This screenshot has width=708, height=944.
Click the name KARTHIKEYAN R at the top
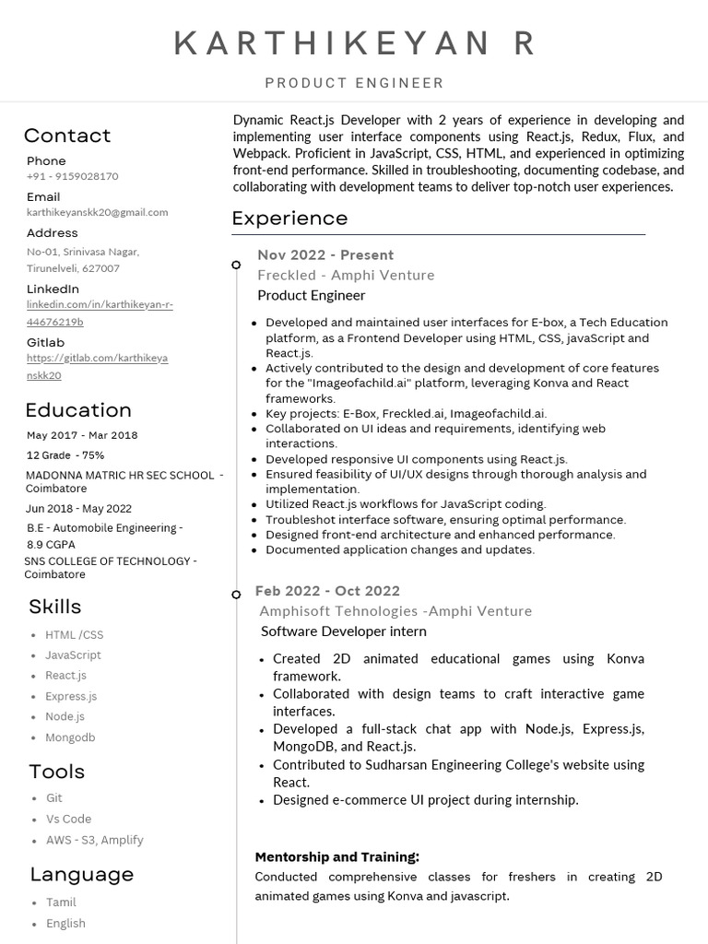coord(354,43)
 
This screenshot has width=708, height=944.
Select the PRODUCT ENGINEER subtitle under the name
coord(354,83)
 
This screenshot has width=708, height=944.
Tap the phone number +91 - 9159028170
coord(72,176)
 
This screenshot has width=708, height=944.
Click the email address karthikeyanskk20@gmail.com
coord(97,212)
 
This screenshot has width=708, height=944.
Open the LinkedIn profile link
coord(100,313)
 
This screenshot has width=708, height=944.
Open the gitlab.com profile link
coord(97,366)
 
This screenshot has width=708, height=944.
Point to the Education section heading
coord(78,410)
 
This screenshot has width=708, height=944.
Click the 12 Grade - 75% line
coord(65,455)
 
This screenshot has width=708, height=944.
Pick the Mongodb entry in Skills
coord(70,737)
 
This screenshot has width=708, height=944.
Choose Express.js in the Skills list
coord(71,696)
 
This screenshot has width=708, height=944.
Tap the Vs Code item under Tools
coord(68,819)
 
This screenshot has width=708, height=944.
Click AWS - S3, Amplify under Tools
coord(94,840)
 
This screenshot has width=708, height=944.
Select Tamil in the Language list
coord(61,903)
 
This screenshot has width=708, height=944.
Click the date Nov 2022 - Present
coord(325,255)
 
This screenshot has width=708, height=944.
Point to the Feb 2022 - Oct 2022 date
coord(327,591)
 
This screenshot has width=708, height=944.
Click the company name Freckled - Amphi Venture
coord(346,275)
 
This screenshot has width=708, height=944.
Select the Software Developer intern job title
coord(343,631)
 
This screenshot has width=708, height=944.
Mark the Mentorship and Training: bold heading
coord(336,856)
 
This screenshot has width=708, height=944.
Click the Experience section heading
coord(289,218)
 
